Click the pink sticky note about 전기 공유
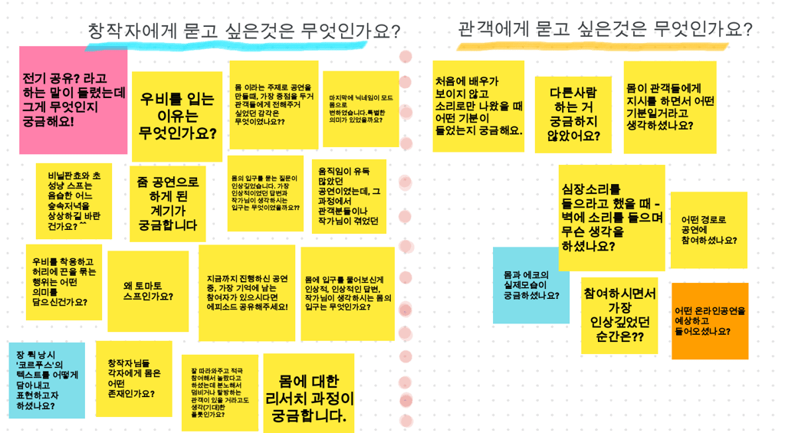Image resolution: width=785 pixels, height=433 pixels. pyautogui.click(x=73, y=100)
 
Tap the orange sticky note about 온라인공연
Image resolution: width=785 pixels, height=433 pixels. pyautogui.click(x=709, y=320)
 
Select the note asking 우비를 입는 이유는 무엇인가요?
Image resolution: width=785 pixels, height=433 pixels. pyautogui.click(x=177, y=116)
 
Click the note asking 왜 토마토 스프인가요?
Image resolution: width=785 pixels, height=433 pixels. pyautogui.click(x=148, y=290)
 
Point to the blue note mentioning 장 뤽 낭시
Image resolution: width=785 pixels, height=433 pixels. pyautogui.click(x=46, y=380)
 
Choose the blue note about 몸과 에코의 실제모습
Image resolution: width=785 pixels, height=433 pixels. pyautogui.click(x=530, y=285)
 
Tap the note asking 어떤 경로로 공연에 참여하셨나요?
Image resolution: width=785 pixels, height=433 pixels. pyautogui.click(x=708, y=230)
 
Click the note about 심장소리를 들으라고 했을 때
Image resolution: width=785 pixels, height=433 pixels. pyautogui.click(x=611, y=218)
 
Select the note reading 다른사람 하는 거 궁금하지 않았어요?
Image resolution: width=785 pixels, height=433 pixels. pyautogui.click(x=573, y=115)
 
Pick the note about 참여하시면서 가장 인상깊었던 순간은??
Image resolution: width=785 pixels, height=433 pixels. pyautogui.click(x=619, y=315)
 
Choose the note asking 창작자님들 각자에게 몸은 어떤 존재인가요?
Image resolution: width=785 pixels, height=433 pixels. pyautogui.click(x=133, y=379)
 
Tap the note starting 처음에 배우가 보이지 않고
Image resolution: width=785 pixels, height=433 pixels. pyautogui.click(x=478, y=106)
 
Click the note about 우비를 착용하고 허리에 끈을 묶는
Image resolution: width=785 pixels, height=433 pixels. pyautogui.click(x=64, y=281)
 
